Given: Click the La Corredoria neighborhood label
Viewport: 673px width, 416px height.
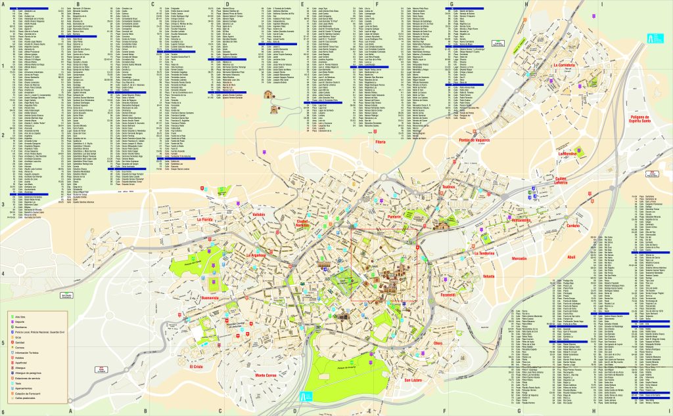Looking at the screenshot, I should pos(564,66).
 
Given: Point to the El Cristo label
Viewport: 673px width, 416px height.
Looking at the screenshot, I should pos(197,367).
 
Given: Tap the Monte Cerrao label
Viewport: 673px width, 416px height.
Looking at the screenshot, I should pos(265,375).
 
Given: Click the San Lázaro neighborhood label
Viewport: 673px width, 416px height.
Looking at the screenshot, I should pos(416,381).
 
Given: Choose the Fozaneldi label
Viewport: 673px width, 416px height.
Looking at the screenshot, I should pos(448,295).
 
